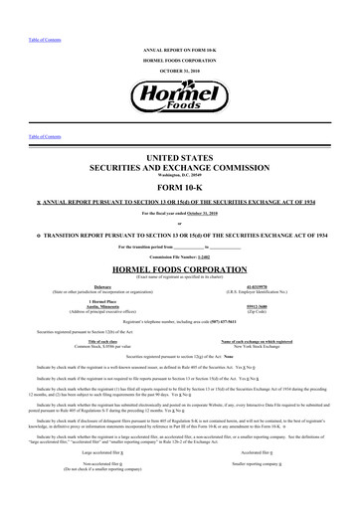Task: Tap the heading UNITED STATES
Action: pyautogui.click(x=179, y=157)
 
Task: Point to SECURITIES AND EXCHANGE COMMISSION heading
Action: pyautogui.click(x=179, y=168)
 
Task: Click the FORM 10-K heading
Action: pyautogui.click(x=179, y=190)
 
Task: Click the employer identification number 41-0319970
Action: pyautogui.click(x=258, y=285)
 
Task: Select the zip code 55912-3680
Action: pyautogui.click(x=258, y=305)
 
